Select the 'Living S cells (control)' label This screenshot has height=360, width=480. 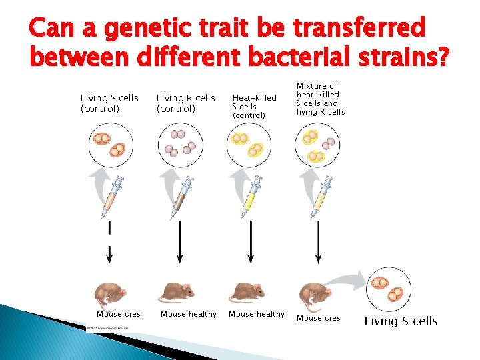click(109, 103)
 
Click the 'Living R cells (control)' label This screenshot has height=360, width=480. click(185, 103)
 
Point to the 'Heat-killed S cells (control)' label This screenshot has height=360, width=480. click(254, 107)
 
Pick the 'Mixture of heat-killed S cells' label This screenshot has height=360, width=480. click(321, 99)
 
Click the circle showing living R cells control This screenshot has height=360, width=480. click(179, 145)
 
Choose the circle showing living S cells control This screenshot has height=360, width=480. click(110, 145)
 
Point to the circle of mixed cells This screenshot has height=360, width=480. click(317, 145)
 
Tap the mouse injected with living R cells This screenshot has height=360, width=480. click(178, 292)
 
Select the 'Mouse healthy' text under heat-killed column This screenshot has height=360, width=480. click(257, 314)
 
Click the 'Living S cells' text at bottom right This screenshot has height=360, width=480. click(401, 321)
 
